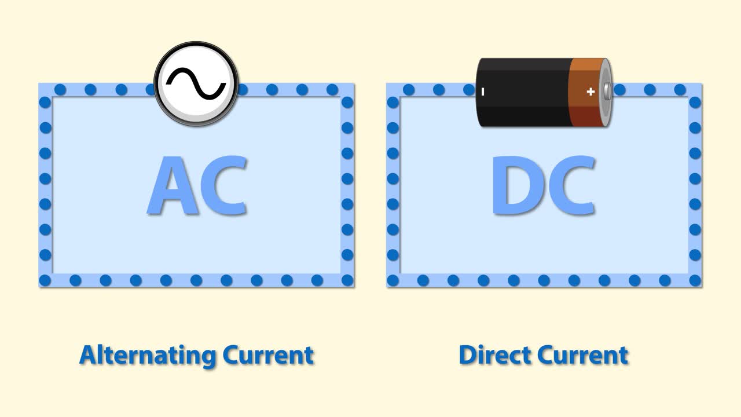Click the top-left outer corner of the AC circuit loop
pyautogui.click(x=39, y=83)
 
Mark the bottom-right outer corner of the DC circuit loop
pyautogui.click(x=702, y=287)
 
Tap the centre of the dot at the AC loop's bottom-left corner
pyautogui.click(x=45, y=280)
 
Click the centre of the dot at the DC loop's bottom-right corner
pyautogui.click(x=695, y=280)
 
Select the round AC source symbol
pyautogui.click(x=196, y=83)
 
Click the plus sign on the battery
pyautogui.click(x=590, y=92)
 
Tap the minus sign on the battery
pyautogui.click(x=483, y=92)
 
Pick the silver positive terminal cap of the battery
pyautogui.click(x=607, y=92)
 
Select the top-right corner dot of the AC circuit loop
pyautogui.click(x=347, y=103)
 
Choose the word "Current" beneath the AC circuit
pyautogui.click(x=268, y=355)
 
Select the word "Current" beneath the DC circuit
pyautogui.click(x=582, y=355)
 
